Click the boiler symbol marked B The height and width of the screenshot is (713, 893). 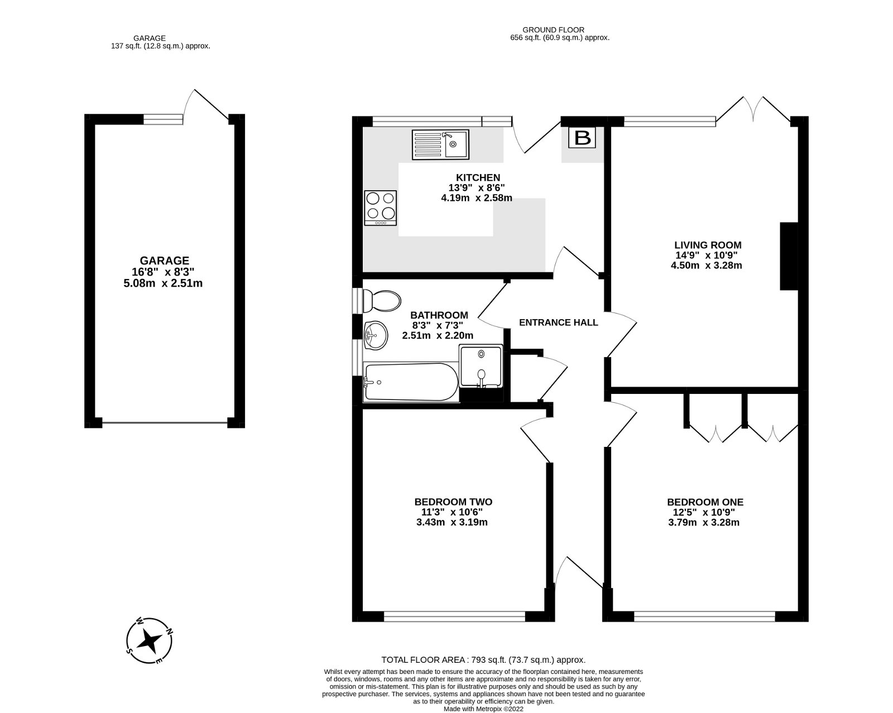(x=582, y=137)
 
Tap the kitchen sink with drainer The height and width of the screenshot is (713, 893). (x=440, y=144)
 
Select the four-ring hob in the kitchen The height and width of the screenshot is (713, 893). (x=380, y=208)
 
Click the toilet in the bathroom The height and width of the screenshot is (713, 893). (x=381, y=301)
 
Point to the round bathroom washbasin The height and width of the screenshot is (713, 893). (x=376, y=335)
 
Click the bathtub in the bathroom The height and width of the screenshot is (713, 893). (x=411, y=382)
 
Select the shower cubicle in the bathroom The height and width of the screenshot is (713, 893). (x=481, y=366)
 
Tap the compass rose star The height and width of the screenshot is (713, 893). (x=149, y=641)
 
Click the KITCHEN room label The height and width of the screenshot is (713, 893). (x=478, y=177)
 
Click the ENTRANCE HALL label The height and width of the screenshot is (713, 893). (x=559, y=322)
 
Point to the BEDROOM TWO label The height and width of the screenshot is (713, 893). (x=453, y=502)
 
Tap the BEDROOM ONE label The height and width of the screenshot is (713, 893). (x=705, y=502)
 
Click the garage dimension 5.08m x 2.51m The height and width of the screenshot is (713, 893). (x=163, y=283)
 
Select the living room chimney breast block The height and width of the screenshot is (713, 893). (x=789, y=256)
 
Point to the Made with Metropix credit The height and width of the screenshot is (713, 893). (x=483, y=709)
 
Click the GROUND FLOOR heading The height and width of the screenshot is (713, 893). (x=553, y=30)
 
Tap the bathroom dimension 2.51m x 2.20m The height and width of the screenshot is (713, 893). (x=438, y=335)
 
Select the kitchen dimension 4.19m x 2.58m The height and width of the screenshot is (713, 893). (x=477, y=197)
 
